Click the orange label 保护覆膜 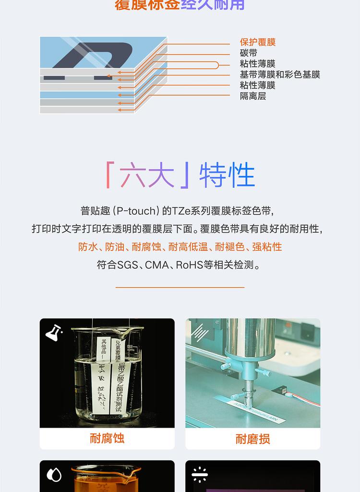[x=258, y=42]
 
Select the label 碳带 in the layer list [x=249, y=53]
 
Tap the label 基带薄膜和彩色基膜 [x=280, y=74]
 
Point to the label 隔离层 [x=253, y=96]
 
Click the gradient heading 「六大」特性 [x=180, y=175]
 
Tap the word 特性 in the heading [x=227, y=175]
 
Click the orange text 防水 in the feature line [x=88, y=246]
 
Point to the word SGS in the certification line [x=127, y=265]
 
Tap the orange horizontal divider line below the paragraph [x=180, y=287]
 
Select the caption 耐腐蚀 [x=107, y=438]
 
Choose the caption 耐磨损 [x=253, y=438]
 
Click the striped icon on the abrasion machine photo [x=200, y=332]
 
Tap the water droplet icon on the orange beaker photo [x=54, y=475]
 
